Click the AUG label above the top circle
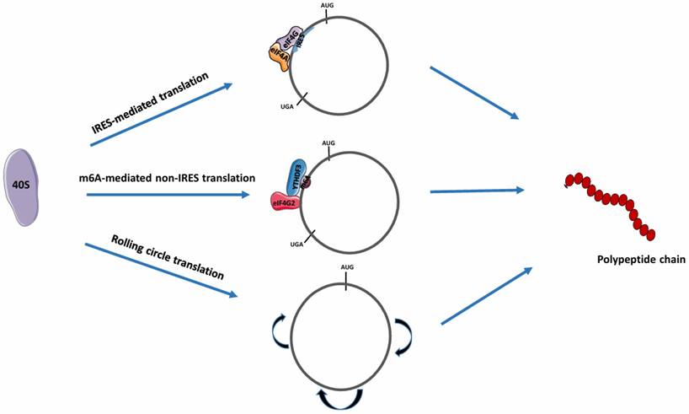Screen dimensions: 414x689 [328, 5]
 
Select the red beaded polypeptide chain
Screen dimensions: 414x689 [612, 203]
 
